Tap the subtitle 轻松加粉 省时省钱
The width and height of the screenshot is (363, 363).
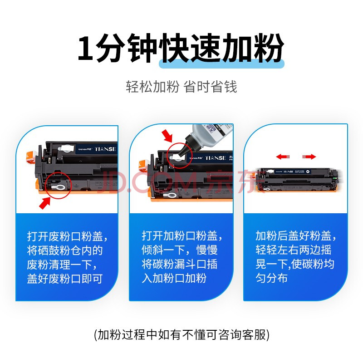(181, 87)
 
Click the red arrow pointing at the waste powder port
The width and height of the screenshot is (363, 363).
(44, 203)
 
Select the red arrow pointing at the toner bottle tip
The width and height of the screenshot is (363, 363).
(167, 135)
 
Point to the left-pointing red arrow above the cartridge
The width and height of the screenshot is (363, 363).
(283, 157)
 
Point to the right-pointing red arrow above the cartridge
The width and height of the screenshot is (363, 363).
(309, 157)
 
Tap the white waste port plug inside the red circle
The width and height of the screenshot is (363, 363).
(58, 187)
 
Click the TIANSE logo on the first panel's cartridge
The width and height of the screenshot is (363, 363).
(105, 149)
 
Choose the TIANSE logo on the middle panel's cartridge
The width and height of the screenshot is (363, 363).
(215, 158)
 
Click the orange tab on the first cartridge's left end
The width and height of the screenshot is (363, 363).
(31, 157)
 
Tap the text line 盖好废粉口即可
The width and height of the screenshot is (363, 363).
(64, 279)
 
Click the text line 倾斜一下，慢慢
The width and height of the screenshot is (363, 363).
(180, 250)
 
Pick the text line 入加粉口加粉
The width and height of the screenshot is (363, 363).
(174, 278)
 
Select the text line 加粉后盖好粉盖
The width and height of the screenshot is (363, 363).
(296, 236)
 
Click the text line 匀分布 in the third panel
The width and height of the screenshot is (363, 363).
(271, 278)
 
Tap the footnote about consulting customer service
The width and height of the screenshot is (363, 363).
(182, 335)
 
